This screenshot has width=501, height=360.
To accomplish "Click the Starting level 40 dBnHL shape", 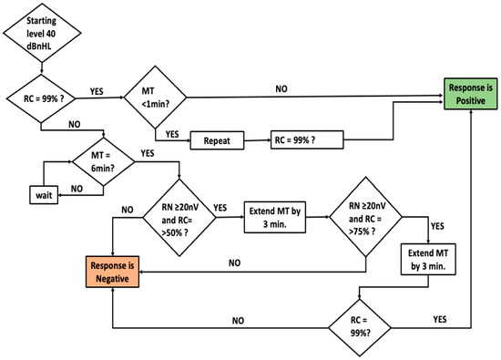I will coord(39,34).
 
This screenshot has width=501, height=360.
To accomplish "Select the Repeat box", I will coord(216,140).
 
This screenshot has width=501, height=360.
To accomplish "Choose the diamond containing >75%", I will coord(365,213).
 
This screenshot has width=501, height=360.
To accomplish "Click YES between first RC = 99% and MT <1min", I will coord(96,91).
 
